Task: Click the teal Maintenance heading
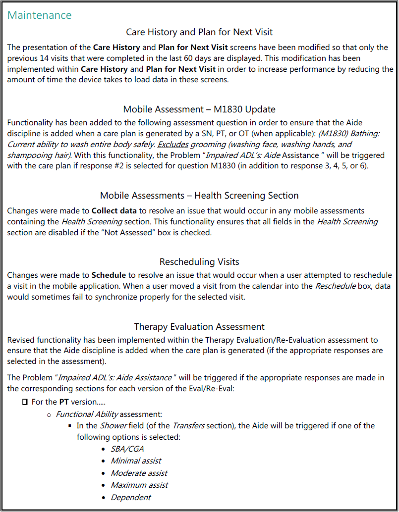(x=40, y=15)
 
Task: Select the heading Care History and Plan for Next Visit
(x=199, y=32)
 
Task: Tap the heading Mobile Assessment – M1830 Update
(x=199, y=109)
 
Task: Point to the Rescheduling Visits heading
(x=199, y=261)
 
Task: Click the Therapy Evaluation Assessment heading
(x=199, y=327)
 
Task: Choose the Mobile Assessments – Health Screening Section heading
(x=199, y=196)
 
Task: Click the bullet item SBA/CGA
(x=127, y=449)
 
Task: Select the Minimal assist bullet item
(x=136, y=461)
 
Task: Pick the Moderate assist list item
(x=139, y=473)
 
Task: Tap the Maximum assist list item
(x=139, y=485)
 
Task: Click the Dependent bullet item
(x=131, y=497)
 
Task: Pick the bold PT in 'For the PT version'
(x=64, y=402)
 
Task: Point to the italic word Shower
(x=114, y=426)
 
